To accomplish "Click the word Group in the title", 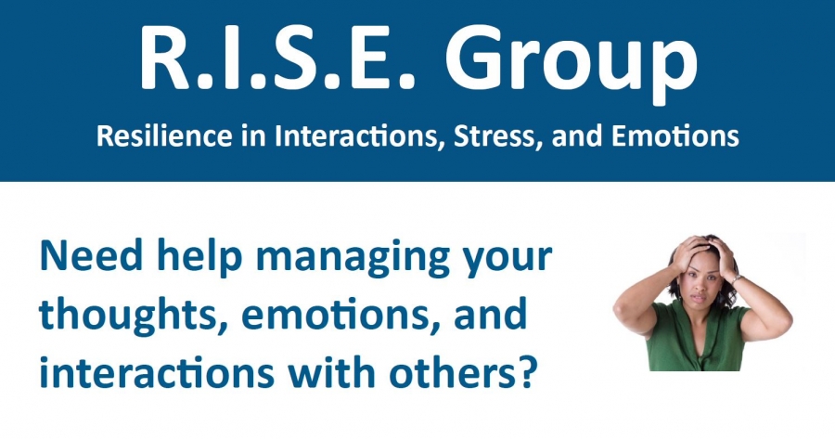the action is coord(571,63).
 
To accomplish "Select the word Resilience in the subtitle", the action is coord(164,136).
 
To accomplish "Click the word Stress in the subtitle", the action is coord(499,137).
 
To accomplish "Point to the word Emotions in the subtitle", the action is coord(674,136).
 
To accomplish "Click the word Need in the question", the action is coord(92,257).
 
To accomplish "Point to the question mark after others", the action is coord(525,371).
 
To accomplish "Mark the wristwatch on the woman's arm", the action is coord(737,278).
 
